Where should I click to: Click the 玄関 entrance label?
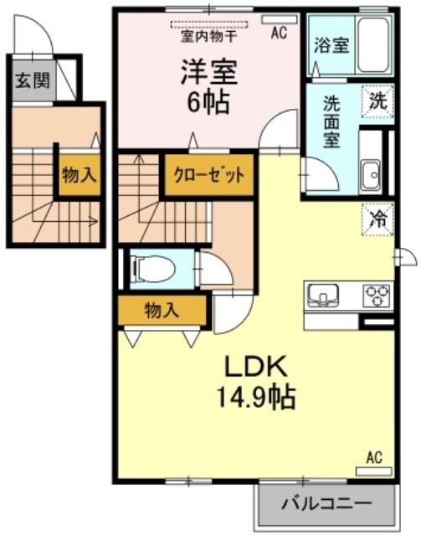coord(33,80)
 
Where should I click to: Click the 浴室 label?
coord(331,44)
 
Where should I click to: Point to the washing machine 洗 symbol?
coord(378,101)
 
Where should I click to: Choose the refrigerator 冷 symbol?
coord(378,219)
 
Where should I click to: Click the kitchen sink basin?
coord(323,295)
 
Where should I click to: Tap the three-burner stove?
coord(377,295)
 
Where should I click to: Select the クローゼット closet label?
coord(209,175)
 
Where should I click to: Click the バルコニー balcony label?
coord(326,503)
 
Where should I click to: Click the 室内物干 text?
coord(208,36)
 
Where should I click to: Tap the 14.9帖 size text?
coord(255,398)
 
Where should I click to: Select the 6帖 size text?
coord(208,103)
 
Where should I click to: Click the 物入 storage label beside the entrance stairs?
coord(80,175)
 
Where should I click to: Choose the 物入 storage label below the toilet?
coord(162,311)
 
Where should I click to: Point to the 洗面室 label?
coord(331,121)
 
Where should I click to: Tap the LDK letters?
coord(255,368)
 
